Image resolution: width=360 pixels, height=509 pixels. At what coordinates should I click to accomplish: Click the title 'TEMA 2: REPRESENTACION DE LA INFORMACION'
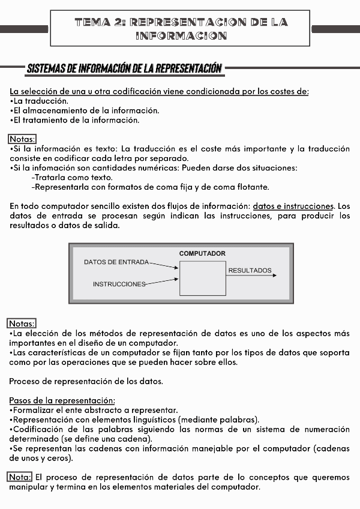pyautogui.click(x=181, y=29)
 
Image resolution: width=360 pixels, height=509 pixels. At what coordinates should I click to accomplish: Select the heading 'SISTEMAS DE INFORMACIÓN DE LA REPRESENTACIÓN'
pyautogui.click(x=124, y=68)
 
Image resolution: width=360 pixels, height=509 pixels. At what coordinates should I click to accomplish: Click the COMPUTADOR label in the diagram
pyautogui.click(x=202, y=253)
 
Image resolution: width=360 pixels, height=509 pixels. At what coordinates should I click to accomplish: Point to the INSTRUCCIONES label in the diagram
pyautogui.click(x=119, y=284)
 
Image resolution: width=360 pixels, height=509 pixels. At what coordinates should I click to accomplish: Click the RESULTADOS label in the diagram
pyautogui.click(x=250, y=271)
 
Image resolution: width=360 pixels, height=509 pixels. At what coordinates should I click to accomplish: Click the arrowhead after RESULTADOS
pyautogui.click(x=274, y=276)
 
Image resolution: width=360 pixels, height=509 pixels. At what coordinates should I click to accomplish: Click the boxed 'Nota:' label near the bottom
pyautogui.click(x=20, y=477)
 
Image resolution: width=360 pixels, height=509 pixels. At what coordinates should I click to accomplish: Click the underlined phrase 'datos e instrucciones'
pyautogui.click(x=293, y=206)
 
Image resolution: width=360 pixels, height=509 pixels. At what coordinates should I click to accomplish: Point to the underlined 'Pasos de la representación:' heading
pyautogui.click(x=62, y=400)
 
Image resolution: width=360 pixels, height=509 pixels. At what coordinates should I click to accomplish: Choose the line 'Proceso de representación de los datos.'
pyautogui.click(x=86, y=381)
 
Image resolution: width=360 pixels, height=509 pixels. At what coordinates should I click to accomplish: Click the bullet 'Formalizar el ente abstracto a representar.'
pyautogui.click(x=94, y=410)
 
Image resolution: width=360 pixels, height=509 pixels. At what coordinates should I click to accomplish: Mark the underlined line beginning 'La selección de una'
pyautogui.click(x=159, y=91)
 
